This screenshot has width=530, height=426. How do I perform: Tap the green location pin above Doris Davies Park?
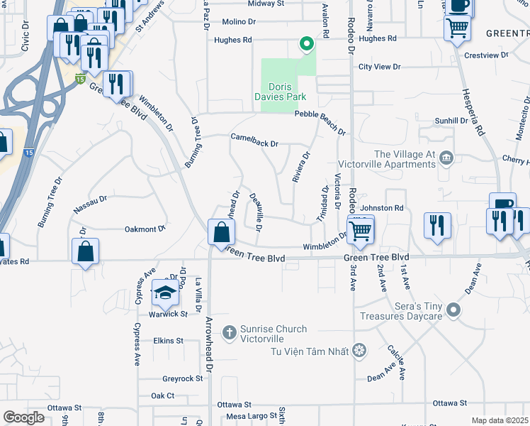307,44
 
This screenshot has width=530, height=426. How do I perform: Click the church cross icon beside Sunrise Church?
229,332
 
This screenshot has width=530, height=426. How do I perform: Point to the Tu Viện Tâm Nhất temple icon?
359,350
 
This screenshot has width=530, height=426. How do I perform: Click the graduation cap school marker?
165,293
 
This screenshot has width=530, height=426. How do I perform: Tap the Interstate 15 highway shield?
81,77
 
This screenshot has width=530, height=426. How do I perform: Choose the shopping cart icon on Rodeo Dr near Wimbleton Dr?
361,230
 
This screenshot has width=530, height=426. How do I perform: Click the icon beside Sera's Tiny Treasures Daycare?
454,310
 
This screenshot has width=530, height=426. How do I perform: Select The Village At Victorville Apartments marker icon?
446,157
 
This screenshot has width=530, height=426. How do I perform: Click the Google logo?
23,417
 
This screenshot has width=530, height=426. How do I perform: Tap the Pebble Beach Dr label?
320,122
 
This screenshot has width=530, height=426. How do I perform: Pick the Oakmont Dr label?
145,229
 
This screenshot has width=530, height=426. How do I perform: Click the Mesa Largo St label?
252,415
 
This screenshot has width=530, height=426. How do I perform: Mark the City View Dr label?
380,67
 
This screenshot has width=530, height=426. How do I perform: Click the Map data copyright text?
500,420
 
